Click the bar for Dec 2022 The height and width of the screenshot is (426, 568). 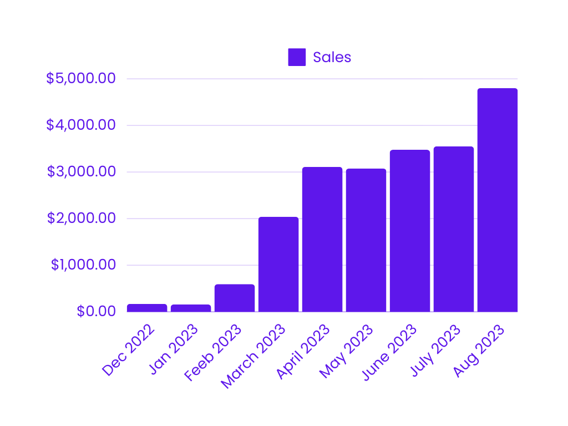click(x=147, y=308)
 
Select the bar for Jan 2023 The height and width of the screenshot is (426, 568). click(x=191, y=308)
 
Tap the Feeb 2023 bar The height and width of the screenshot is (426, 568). click(x=235, y=298)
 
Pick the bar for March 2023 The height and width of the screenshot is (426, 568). click(x=278, y=265)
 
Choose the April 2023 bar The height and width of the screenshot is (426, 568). click(x=322, y=240)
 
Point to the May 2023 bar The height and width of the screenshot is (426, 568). click(x=366, y=240)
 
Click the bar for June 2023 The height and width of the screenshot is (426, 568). click(x=410, y=231)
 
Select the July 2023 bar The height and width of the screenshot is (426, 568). click(x=454, y=229)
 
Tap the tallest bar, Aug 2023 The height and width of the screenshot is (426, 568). click(x=498, y=200)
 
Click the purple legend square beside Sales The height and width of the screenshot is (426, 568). click(x=297, y=57)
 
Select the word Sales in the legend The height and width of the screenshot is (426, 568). click(x=332, y=57)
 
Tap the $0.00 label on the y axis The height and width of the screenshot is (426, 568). click(x=97, y=312)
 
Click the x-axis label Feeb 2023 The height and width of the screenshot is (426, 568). click(x=214, y=353)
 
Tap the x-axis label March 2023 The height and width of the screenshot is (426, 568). click(x=253, y=356)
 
